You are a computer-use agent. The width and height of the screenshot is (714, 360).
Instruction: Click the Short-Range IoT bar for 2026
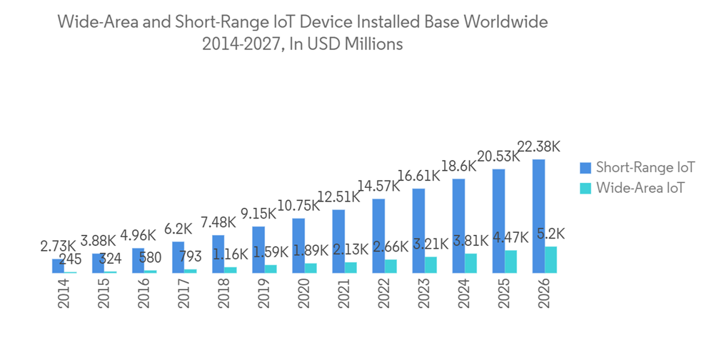point(539,216)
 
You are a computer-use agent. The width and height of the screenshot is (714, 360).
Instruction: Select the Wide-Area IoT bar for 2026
point(551,259)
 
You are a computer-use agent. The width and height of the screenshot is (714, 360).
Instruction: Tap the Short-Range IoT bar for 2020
point(298,245)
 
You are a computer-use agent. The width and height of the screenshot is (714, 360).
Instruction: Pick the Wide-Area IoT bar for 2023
point(431,264)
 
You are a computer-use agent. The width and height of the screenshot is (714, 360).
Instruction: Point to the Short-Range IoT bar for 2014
point(58,266)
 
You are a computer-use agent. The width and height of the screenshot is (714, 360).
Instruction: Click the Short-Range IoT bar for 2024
point(459,225)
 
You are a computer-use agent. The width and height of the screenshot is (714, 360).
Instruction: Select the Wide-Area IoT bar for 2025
point(511,261)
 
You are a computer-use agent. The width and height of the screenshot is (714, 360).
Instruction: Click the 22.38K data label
point(539,146)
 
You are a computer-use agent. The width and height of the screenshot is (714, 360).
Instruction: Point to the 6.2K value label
point(178,229)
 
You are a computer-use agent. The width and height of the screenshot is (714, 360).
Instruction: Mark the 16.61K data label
point(418,176)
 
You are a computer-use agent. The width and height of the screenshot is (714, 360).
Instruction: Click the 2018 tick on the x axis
point(224,293)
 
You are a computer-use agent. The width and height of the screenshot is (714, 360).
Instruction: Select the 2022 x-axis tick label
point(384,293)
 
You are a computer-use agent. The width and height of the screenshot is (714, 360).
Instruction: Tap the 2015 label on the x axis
point(104,293)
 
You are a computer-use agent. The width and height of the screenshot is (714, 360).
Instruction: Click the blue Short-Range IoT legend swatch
point(585,168)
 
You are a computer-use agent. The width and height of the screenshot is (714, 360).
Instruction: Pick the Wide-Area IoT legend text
point(640,188)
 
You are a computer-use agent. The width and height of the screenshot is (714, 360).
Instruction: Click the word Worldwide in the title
point(506,22)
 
